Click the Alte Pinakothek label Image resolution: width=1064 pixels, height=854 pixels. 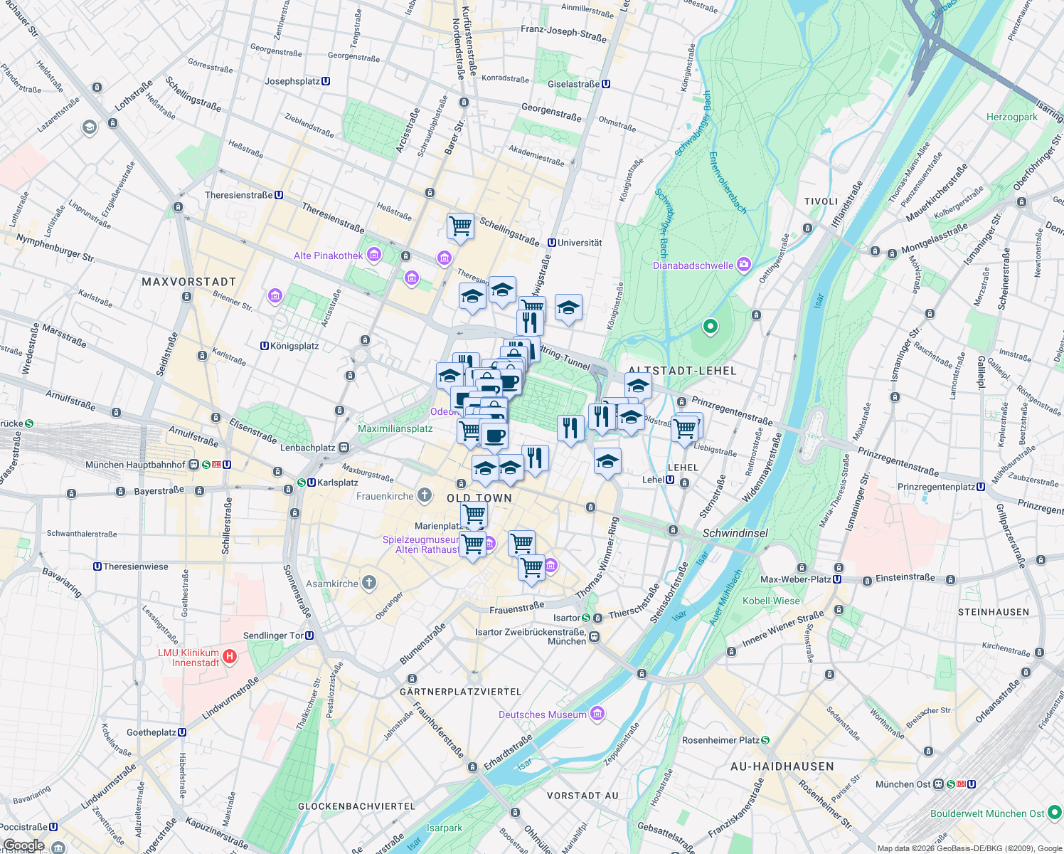point(329,255)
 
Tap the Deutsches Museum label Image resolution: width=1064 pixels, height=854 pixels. point(543,715)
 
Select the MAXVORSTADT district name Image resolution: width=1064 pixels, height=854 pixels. point(188,282)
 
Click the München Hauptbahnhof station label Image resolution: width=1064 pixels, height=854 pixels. point(135,465)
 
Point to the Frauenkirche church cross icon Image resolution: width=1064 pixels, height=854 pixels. point(425,495)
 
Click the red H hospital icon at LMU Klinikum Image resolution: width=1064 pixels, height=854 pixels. point(230,656)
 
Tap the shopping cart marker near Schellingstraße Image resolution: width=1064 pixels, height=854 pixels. point(460,226)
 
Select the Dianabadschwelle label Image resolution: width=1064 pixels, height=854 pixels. point(693,265)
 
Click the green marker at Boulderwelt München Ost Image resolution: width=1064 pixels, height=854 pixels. point(1055,812)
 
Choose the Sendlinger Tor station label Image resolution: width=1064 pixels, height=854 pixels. point(274,636)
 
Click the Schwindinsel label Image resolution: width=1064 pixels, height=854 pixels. point(735,533)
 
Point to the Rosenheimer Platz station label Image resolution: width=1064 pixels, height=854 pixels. point(720,740)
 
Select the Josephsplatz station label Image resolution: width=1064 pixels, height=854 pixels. point(292,81)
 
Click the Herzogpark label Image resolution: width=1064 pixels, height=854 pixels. point(1012,117)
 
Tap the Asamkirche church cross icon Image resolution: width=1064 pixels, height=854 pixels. point(368,583)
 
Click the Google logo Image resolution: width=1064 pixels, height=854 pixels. point(23,845)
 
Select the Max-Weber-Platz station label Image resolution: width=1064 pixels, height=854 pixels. point(796,579)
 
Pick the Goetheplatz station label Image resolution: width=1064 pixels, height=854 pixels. point(151,732)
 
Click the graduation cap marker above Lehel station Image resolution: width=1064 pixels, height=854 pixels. point(607,462)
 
